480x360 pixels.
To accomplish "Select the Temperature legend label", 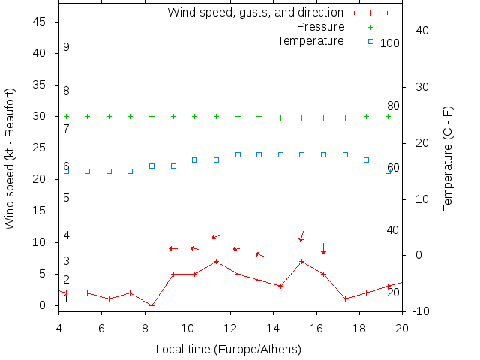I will click(310, 40).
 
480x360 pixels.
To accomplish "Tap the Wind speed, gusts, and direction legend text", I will click(255, 13).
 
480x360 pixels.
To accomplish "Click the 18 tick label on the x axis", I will click(359, 327).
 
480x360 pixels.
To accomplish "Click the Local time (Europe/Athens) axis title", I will click(228, 349).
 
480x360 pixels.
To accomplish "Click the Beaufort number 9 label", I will click(66, 47).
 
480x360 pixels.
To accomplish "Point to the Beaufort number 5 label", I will click(66, 198).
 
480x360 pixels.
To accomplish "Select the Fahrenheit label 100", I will click(390, 43).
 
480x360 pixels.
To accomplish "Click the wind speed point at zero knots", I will click(151, 305).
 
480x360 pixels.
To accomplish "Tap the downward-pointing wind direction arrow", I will click(323, 248).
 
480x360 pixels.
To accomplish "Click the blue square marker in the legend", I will click(370, 41).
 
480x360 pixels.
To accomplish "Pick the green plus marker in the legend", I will click(370, 27).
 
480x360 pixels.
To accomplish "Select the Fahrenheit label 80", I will click(393, 106).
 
